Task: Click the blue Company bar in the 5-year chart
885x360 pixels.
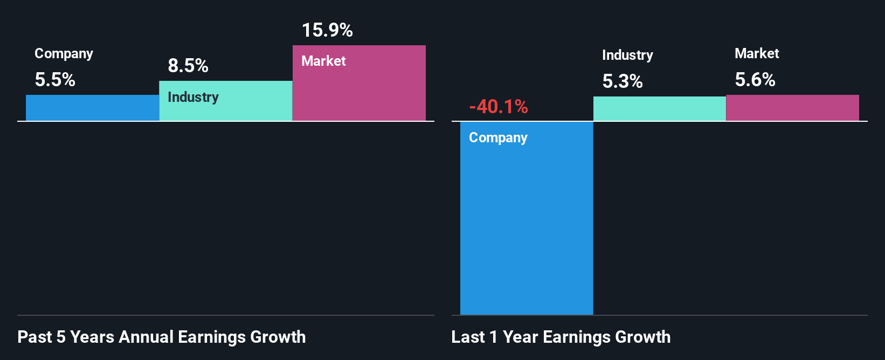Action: (92, 108)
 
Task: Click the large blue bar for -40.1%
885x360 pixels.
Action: (527, 226)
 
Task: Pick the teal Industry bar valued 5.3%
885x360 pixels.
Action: (659, 108)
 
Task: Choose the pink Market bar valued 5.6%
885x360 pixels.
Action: (792, 108)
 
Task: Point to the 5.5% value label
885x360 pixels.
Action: (55, 80)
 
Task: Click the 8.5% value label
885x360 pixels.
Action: (188, 66)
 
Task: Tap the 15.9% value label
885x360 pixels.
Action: (327, 30)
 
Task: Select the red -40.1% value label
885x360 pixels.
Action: (499, 107)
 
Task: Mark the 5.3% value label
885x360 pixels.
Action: (623, 81)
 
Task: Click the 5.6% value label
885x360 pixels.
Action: (755, 80)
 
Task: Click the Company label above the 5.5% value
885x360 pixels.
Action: (64, 53)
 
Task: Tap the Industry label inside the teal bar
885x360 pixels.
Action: (193, 97)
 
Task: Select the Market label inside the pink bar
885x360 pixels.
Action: (323, 61)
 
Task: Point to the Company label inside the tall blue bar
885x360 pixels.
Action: (498, 137)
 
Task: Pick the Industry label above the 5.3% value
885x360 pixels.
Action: (627, 55)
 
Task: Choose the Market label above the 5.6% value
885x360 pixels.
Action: (757, 53)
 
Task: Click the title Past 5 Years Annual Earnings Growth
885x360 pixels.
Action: (162, 337)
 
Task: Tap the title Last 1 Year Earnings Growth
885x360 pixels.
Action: (561, 337)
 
